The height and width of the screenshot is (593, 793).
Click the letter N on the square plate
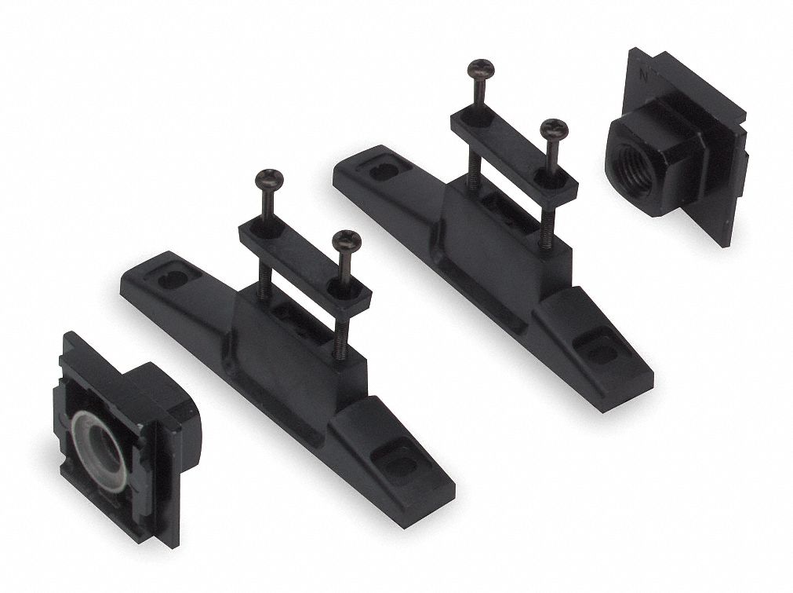click(643, 77)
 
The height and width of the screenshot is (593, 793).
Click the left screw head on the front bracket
click(266, 178)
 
